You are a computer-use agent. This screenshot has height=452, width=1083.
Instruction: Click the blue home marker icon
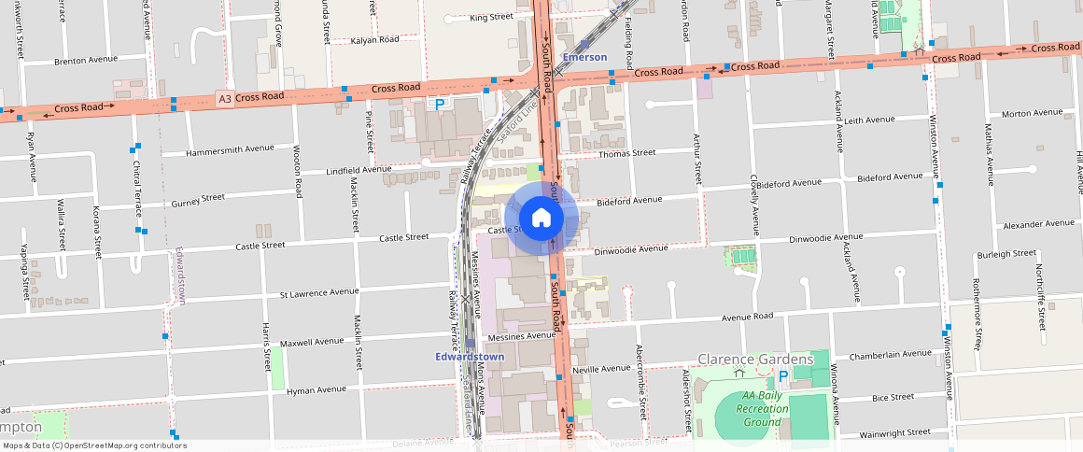[x=541, y=219]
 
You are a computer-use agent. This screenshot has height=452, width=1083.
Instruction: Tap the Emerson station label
[x=584, y=57]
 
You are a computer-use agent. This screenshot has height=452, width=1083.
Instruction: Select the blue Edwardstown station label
[x=470, y=357]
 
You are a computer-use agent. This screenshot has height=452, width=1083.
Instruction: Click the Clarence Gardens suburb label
[x=755, y=360]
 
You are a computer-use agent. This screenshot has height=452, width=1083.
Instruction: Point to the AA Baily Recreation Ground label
[x=762, y=408]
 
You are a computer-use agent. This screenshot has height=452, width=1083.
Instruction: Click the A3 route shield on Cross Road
[x=223, y=98]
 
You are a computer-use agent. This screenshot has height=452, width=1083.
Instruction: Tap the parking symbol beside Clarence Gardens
[x=783, y=376]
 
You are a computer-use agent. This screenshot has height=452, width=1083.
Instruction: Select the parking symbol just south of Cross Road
[x=440, y=104]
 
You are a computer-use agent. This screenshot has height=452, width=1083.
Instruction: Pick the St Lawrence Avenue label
[x=319, y=292]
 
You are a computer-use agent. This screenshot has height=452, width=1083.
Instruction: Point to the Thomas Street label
[x=626, y=153]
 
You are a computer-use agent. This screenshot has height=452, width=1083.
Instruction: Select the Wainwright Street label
[x=894, y=432]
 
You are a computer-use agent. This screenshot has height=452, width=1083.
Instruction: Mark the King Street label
[x=491, y=17]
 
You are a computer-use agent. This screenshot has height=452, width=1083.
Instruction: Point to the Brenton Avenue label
[x=86, y=60]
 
